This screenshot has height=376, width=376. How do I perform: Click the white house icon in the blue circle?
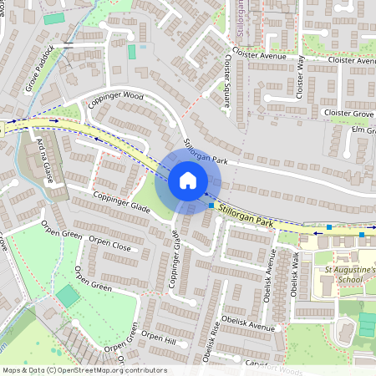(x=187, y=180)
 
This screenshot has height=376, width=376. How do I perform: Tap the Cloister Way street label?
(x=301, y=77)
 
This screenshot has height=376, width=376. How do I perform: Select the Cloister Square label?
(x=226, y=83)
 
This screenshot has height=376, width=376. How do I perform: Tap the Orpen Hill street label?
(x=159, y=338)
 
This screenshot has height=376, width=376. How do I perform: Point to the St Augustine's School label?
(x=344, y=277)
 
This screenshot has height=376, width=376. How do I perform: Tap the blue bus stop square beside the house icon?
(x=211, y=205)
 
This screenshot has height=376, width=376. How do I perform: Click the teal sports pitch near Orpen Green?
(x=67, y=296)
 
